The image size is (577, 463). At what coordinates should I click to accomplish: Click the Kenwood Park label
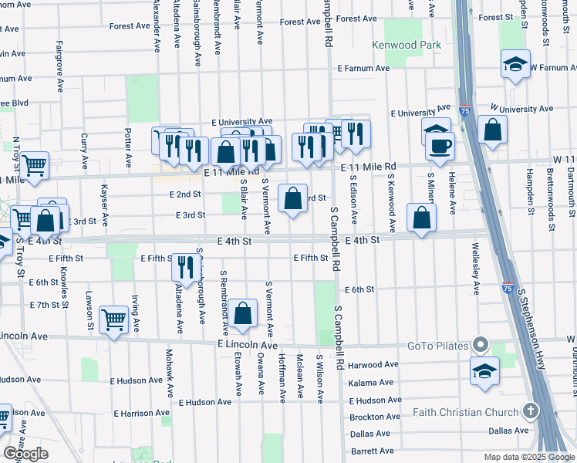click(407, 45)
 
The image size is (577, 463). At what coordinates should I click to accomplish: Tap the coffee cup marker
click(440, 145)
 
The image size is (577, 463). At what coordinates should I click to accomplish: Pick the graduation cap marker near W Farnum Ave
click(515, 64)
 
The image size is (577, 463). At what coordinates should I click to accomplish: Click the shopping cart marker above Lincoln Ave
click(114, 319)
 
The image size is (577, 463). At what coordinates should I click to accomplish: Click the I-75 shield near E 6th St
click(506, 288)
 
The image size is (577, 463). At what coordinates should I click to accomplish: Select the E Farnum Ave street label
click(366, 68)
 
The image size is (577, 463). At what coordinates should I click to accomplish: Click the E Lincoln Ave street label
click(248, 343)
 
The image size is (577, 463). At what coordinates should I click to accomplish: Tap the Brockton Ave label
click(374, 417)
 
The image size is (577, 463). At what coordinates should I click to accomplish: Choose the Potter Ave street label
click(128, 139)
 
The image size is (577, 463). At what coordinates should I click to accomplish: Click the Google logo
click(25, 453)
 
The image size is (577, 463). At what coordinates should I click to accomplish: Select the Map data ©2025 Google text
click(528, 457)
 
